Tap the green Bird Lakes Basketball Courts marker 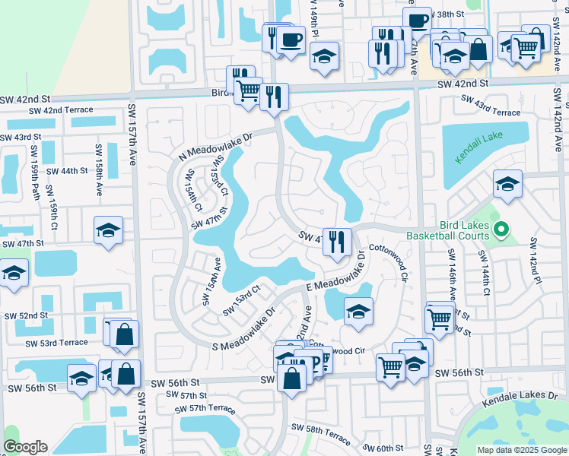click(x=501, y=229)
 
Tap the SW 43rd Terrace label click(x=490, y=106)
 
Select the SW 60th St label click(x=383, y=448)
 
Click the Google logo click(x=25, y=447)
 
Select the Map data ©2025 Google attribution click(x=522, y=450)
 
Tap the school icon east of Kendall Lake click(x=507, y=183)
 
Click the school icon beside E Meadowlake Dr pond click(x=358, y=311)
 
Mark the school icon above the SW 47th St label click(x=108, y=230)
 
